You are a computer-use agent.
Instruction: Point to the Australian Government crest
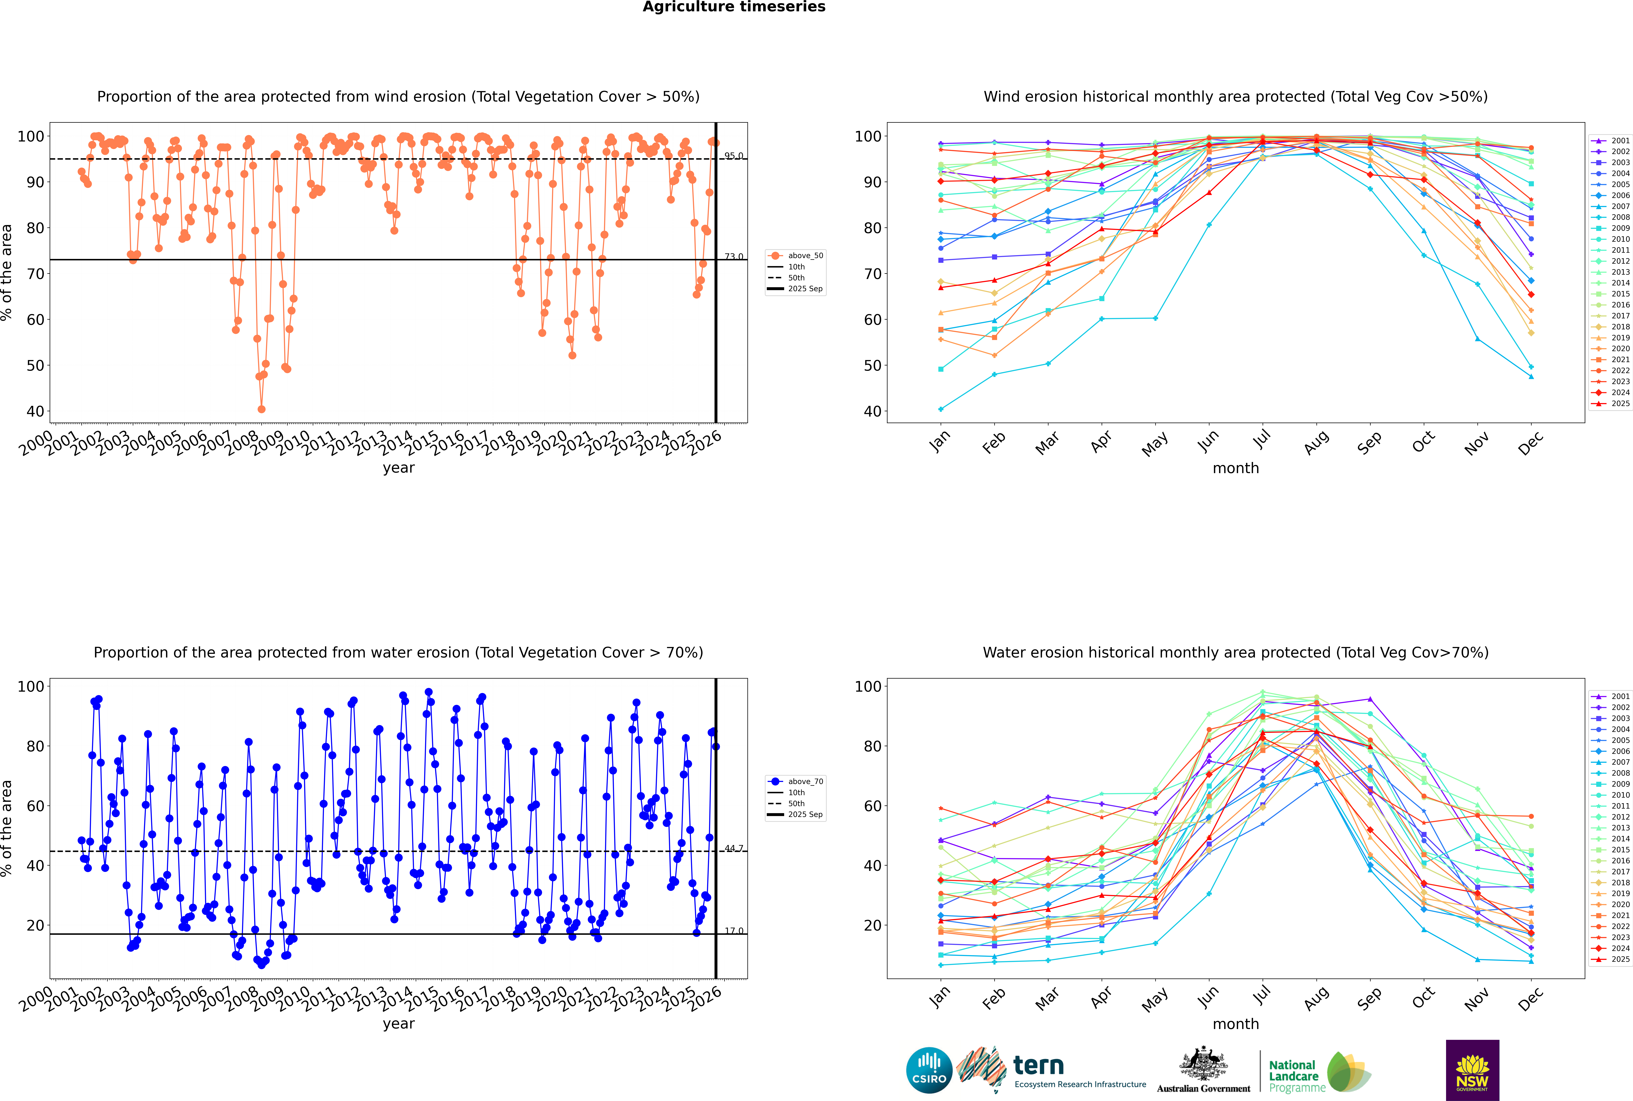[x=1203, y=1064]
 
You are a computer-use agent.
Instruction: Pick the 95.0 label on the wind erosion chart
[x=734, y=156]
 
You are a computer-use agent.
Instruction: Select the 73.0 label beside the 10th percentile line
[x=734, y=256]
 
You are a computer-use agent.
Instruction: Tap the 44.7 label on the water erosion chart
[x=734, y=848]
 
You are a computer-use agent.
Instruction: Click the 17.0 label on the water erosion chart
[x=734, y=931]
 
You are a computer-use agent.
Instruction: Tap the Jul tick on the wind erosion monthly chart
[x=1262, y=440]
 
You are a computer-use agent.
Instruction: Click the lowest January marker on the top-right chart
[x=941, y=409]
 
